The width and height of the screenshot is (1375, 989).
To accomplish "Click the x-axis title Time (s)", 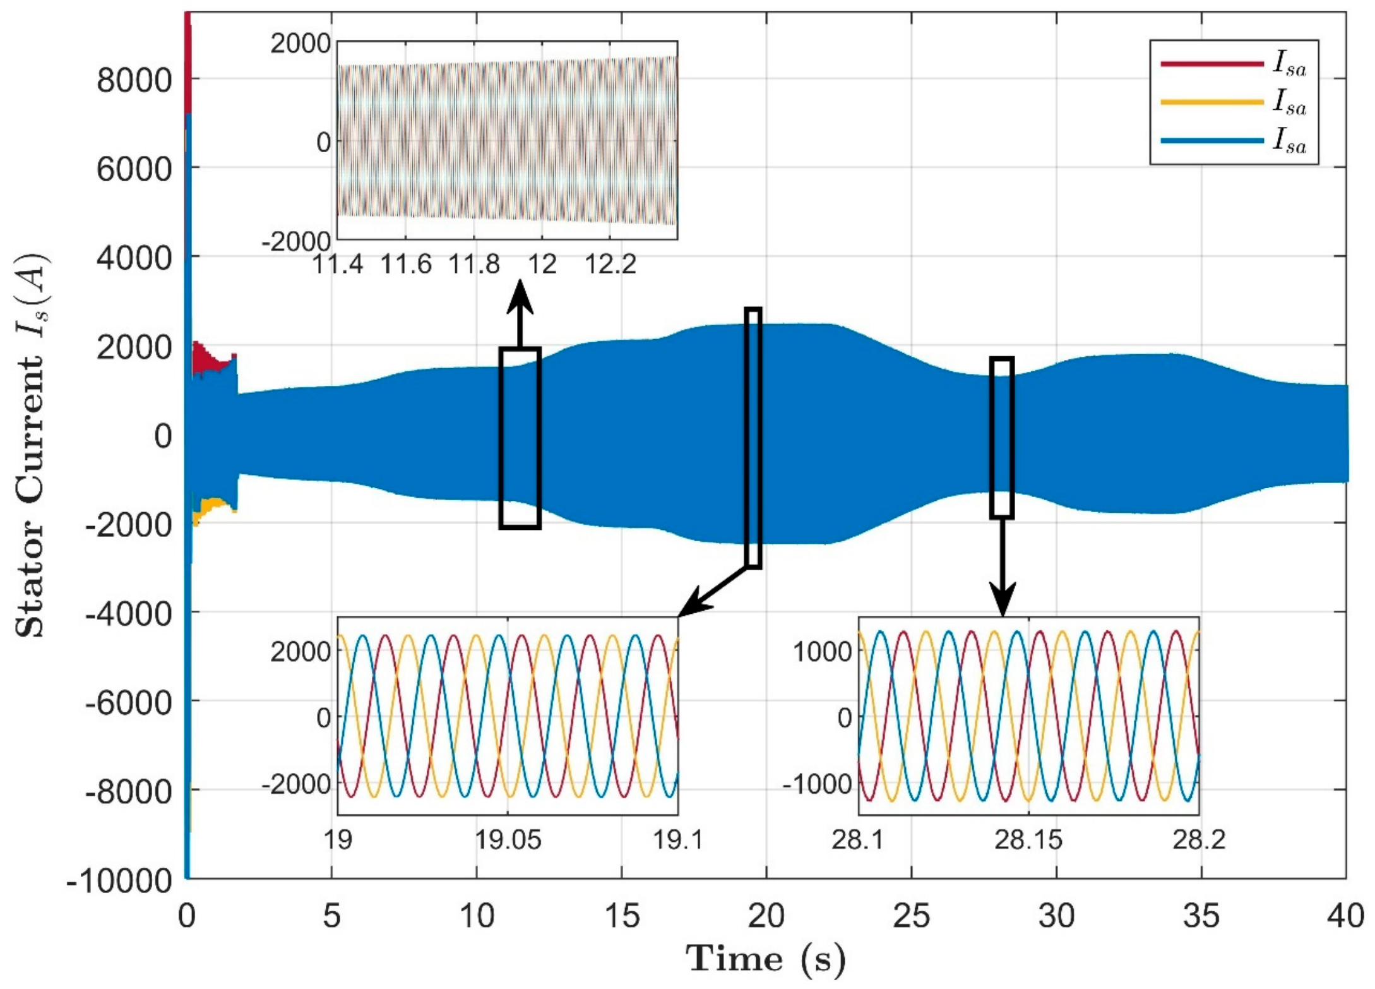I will pos(765,959).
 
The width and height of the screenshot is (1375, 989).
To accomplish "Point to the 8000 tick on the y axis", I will pos(134,80).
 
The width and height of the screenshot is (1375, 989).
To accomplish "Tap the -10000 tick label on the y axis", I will pos(119,880).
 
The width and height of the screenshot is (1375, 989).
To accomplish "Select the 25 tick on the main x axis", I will pos(911,916).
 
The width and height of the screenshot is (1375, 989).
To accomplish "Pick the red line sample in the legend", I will pos(1211,64).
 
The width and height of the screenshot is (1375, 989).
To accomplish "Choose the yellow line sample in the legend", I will pos(1211,102).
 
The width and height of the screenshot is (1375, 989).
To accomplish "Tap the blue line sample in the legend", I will pos(1211,140).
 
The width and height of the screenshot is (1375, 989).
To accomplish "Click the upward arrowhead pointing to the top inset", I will pos(520,298).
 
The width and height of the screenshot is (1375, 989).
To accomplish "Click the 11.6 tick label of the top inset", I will pos(406,264).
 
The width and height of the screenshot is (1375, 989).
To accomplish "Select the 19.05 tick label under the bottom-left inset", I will pos(508,841).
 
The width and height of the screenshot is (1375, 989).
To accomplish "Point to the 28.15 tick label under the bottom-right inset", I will pos(1028,841).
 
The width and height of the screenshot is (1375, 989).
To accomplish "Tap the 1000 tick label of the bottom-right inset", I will pos(822,650).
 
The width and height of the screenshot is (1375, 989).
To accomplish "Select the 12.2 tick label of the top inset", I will pos(610,264).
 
